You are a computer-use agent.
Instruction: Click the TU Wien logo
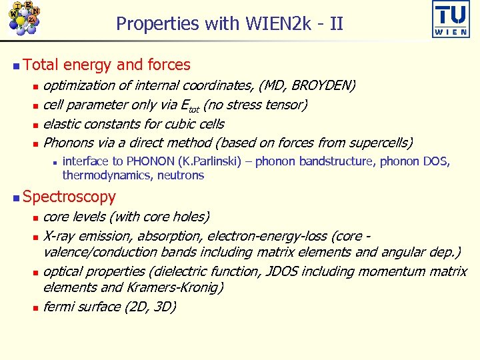tap(451, 19)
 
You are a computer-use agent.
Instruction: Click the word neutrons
tap(180, 175)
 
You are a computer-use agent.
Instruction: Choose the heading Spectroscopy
tap(69, 197)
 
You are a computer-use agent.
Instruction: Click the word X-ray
tap(59, 236)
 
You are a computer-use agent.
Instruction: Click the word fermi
tap(58, 307)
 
